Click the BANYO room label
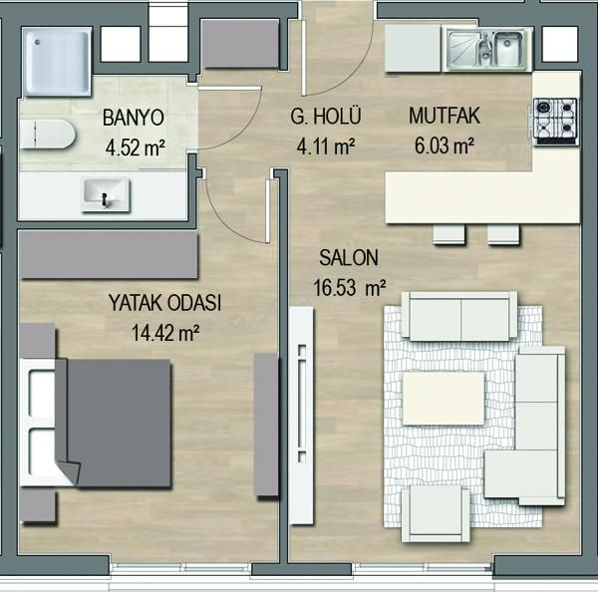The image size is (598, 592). pos(134,118)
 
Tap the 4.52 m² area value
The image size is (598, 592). pos(136,148)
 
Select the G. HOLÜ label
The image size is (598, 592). pos(326,117)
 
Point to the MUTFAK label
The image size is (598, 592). pos(445,116)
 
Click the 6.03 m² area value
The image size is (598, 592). pos(445,146)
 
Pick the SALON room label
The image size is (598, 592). pos(349,258)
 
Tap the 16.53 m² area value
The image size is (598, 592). pos(350,288)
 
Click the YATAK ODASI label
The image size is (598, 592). pos(164,303)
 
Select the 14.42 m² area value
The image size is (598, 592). pos(165,333)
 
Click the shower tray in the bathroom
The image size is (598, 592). pos(57,61)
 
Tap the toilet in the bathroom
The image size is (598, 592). pos(47,134)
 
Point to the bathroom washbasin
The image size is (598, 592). pos(106,194)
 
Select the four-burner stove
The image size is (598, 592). pos(556,122)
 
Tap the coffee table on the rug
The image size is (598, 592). pos(444,399)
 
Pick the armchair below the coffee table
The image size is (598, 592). pos(436,513)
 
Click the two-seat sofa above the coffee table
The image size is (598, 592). pos(463,317)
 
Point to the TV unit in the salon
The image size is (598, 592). pos(301,398)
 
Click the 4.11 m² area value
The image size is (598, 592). pos(326,147)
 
